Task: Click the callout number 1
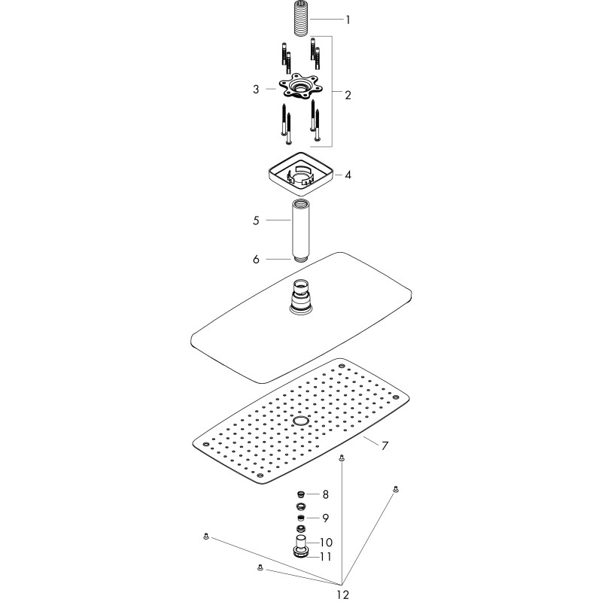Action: pos(348,20)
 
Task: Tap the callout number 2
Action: pos(348,95)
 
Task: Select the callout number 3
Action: pos(256,90)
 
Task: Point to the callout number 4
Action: pos(348,175)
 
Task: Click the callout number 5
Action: pos(256,220)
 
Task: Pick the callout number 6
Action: pos(256,260)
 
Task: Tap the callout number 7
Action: pos(385,446)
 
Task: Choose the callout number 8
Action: pos(326,494)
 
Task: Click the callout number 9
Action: pos(326,518)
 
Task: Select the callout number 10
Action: pos(326,543)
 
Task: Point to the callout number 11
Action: pos(326,557)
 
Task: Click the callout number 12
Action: pos(343,594)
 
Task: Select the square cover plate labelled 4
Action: pos(300,174)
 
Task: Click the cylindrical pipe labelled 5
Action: pos(300,230)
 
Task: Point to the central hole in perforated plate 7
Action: pos(300,421)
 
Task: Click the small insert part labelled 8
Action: pos(302,494)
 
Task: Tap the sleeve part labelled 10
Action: pos(301,541)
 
